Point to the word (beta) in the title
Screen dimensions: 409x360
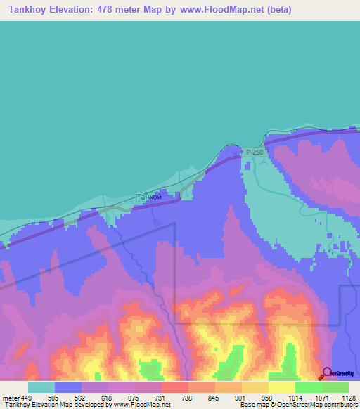coord(274,10)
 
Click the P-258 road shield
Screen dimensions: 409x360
coord(253,151)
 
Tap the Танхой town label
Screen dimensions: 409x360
coord(148,197)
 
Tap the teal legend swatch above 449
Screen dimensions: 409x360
coord(41,387)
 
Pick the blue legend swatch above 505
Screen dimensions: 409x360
coord(68,387)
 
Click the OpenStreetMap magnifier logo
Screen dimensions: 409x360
coord(326,373)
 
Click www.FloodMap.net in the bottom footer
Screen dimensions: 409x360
coord(141,405)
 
